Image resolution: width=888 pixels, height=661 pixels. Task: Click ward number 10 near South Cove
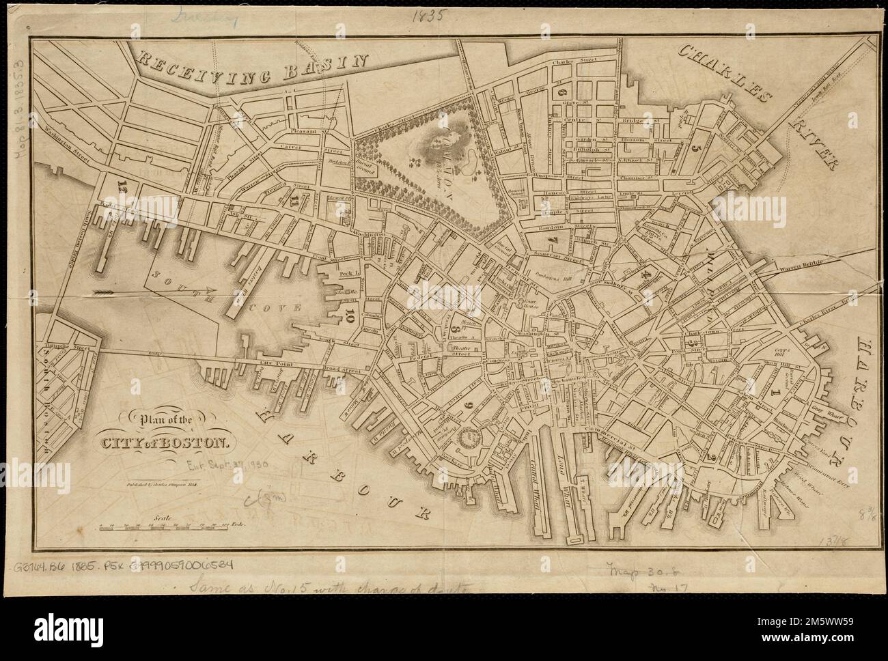(350, 315)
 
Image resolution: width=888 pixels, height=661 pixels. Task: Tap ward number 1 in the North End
(775, 394)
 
